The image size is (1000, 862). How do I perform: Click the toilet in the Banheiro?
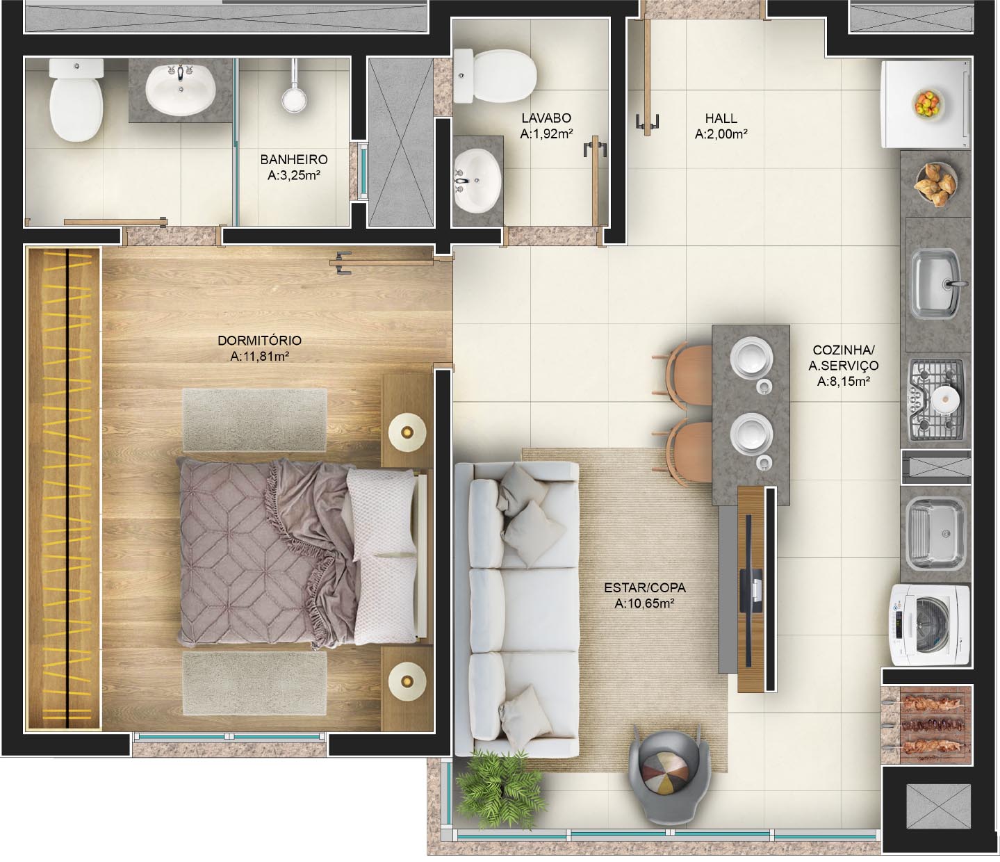(76, 99)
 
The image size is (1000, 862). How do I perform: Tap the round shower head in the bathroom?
(294, 99)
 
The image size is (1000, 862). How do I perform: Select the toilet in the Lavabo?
(495, 76)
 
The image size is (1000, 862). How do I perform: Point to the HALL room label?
(721, 118)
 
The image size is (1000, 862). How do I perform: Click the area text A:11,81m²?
(260, 357)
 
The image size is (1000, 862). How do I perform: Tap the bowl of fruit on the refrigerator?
(928, 104)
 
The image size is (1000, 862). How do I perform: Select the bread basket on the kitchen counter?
(935, 184)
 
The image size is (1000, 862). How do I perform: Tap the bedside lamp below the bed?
(407, 681)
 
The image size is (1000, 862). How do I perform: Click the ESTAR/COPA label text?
(644, 587)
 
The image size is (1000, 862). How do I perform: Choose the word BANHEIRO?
(294, 159)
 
